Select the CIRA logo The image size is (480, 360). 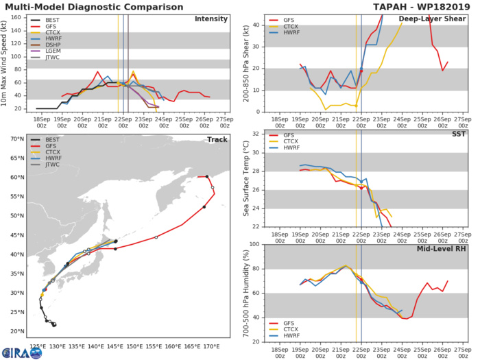click(21, 352)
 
